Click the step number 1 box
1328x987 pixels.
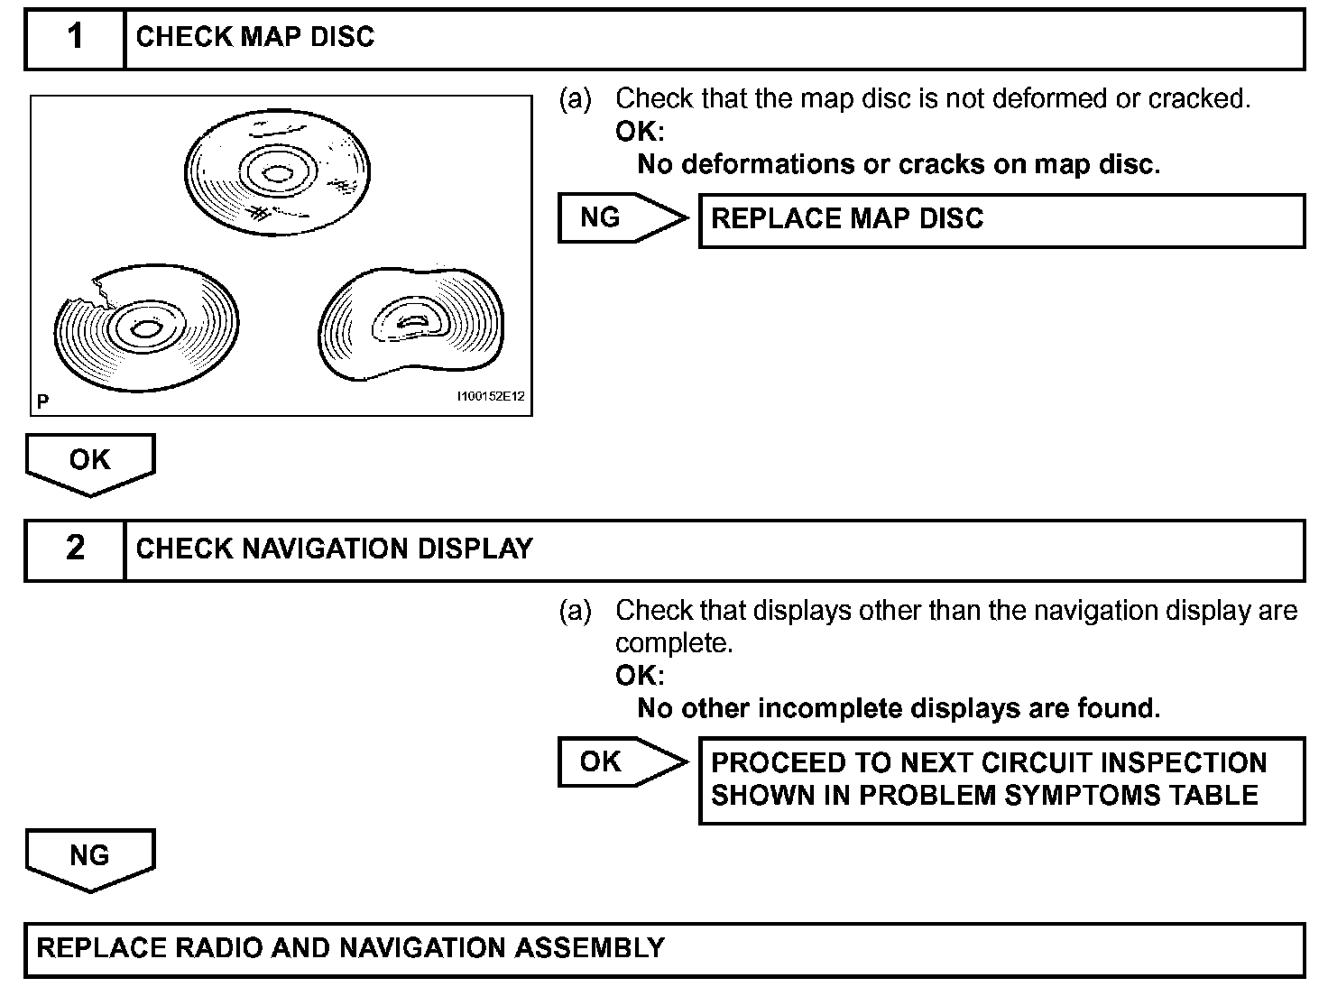point(75,38)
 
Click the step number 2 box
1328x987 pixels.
point(75,549)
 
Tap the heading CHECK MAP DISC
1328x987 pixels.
point(255,37)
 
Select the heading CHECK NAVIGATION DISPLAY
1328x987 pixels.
point(334,549)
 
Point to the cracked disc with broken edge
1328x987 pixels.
point(146,329)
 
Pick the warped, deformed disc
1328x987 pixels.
point(412,325)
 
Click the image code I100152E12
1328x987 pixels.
point(491,397)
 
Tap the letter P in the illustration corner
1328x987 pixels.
point(42,401)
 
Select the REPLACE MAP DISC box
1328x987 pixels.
point(1001,219)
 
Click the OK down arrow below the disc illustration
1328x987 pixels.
point(89,462)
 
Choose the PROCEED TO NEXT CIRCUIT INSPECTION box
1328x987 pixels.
point(1001,779)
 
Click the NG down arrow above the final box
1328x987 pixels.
point(89,857)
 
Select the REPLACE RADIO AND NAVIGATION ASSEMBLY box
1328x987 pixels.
point(664,949)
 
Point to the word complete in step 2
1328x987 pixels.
point(671,643)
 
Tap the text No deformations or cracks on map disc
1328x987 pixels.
point(899,164)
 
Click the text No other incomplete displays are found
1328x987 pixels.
point(899,708)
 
